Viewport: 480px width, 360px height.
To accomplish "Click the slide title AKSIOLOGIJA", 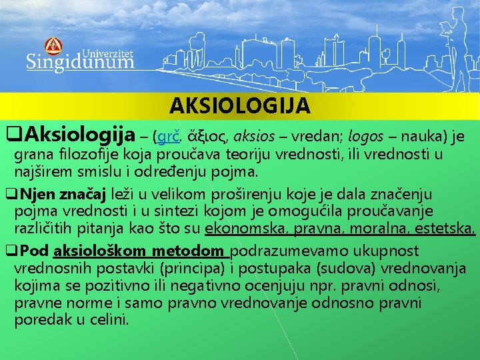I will (x=239, y=106).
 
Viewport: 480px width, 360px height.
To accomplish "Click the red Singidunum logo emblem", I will (x=53, y=46).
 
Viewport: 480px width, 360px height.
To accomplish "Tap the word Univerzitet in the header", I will (x=107, y=52).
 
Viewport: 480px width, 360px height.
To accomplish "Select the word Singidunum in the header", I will (x=80, y=62).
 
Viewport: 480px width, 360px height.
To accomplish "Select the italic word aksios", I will (x=255, y=137).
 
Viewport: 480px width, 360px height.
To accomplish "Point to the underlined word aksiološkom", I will (x=101, y=251).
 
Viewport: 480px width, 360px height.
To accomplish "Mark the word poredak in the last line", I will (x=38, y=319).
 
